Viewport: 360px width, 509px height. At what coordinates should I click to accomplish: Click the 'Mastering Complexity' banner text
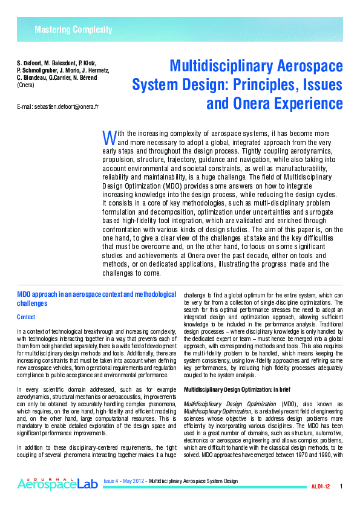coord(73,30)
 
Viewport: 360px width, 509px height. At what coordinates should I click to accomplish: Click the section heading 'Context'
coord(26,317)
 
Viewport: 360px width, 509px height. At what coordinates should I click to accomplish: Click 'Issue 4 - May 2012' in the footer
coord(125,481)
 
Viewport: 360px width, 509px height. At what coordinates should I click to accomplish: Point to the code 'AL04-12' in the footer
coord(321,487)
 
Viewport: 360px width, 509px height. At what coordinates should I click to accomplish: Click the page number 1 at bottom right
coord(341,487)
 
